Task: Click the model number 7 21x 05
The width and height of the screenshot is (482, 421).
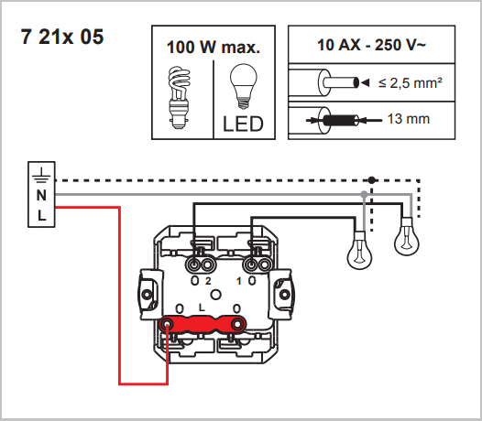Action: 61,38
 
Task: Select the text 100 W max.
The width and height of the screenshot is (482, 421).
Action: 213,47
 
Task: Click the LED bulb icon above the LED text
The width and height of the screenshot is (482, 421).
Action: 243,84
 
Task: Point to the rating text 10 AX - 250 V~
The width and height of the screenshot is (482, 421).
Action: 369,45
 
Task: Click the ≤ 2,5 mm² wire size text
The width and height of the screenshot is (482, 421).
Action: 411,84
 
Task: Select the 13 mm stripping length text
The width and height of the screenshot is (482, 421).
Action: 409,119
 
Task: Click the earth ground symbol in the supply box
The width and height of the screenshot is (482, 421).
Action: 40,176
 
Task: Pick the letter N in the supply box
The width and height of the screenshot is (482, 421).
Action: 40,195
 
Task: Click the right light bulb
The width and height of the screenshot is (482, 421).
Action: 405,241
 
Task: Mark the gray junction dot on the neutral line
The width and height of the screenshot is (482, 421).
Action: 366,195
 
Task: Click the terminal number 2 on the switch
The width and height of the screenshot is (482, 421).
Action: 208,279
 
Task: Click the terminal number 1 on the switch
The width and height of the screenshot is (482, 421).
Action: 238,279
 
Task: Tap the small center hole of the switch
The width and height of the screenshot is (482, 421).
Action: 217,294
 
